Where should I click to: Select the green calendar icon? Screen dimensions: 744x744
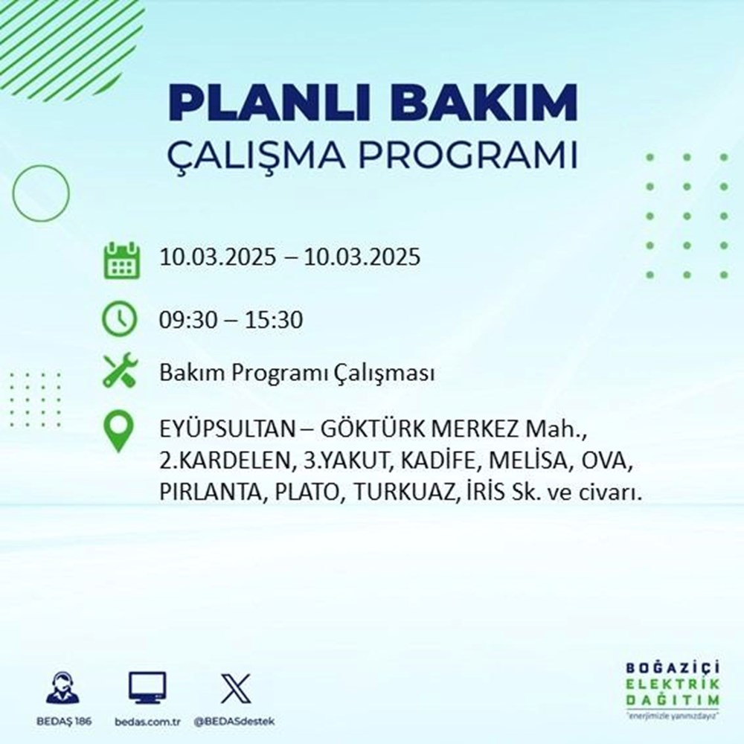120,259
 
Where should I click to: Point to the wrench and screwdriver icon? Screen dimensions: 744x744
120,371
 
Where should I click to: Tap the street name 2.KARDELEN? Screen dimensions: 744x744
223,462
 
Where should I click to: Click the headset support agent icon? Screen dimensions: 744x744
62,688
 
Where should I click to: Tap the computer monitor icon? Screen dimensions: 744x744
147,688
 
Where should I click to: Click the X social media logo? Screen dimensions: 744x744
236,688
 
